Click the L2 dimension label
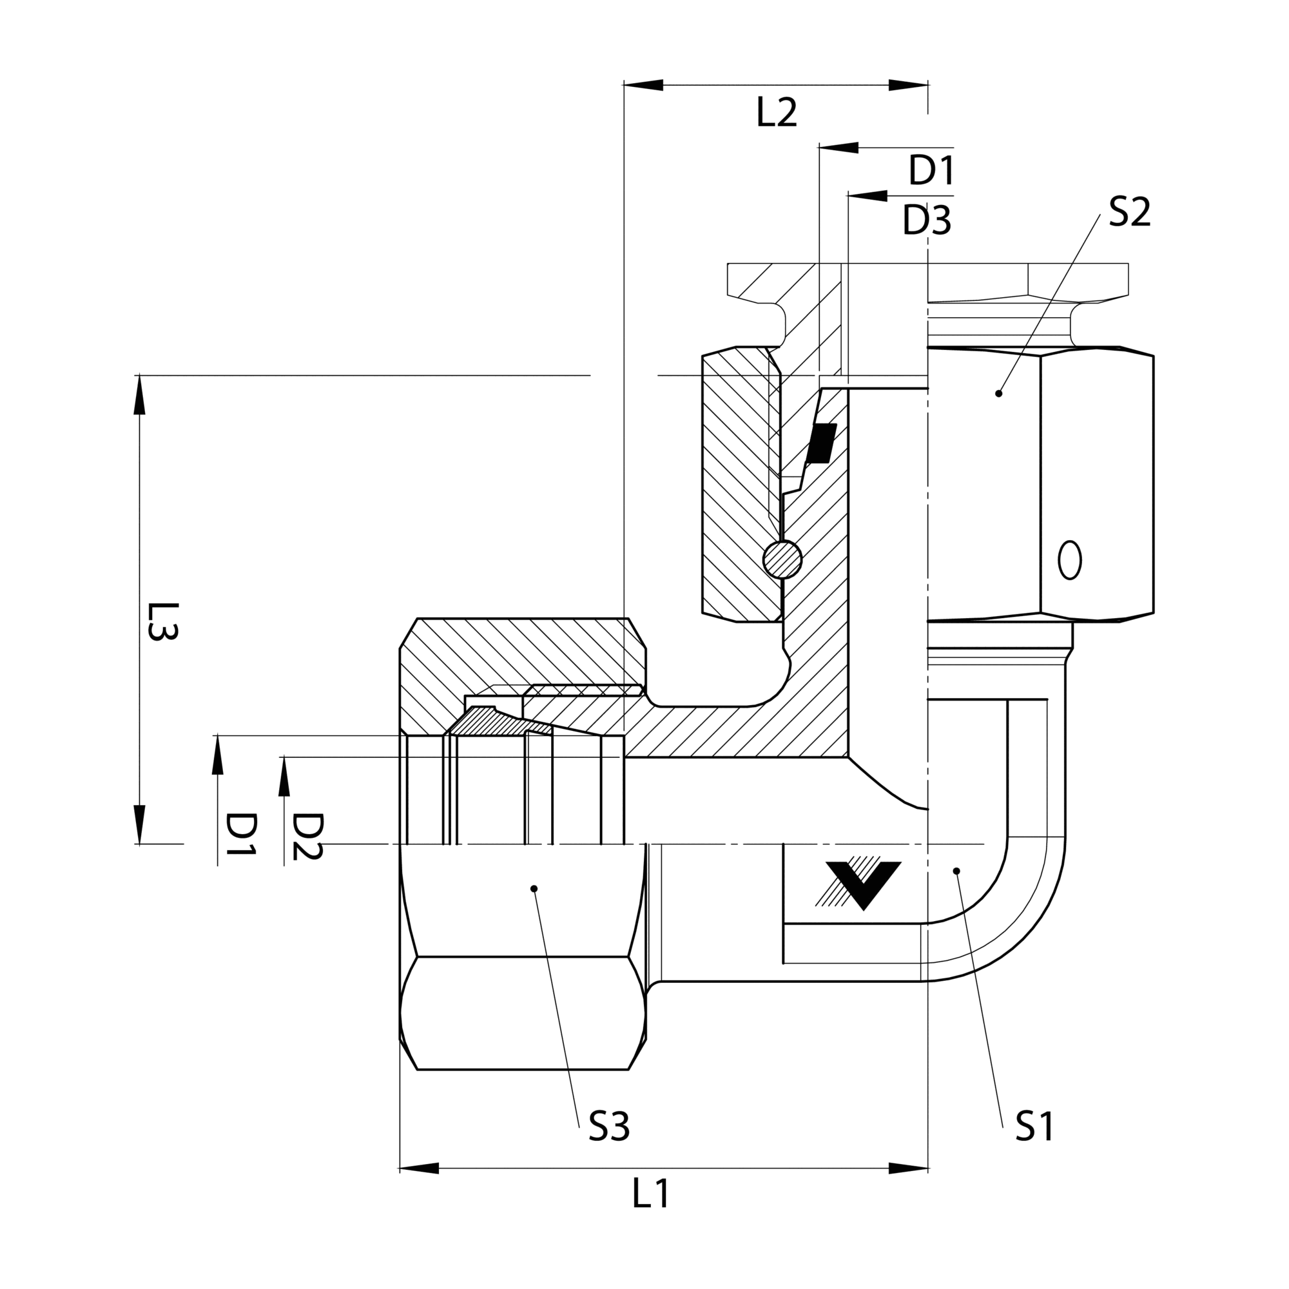point(777,113)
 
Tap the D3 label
point(927,221)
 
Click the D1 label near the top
point(931,171)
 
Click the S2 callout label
point(1130,213)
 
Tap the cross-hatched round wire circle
point(782,559)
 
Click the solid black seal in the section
point(821,443)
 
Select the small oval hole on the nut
point(1069,560)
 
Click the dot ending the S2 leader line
point(999,394)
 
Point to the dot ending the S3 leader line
point(533,888)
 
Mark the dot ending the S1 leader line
point(956,871)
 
